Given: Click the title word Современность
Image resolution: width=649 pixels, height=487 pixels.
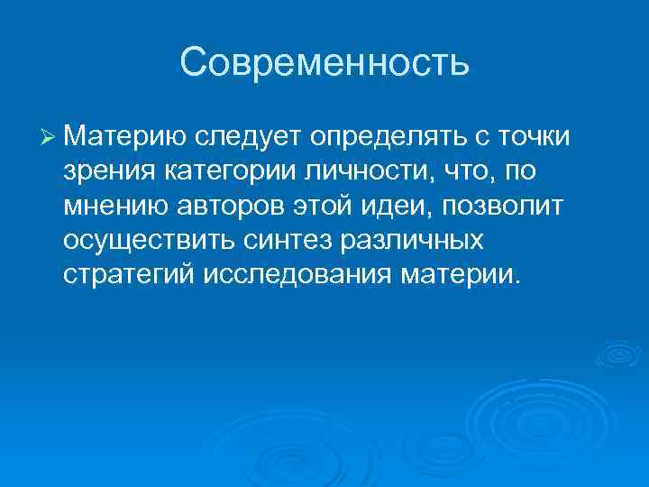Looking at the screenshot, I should coord(324,63).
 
